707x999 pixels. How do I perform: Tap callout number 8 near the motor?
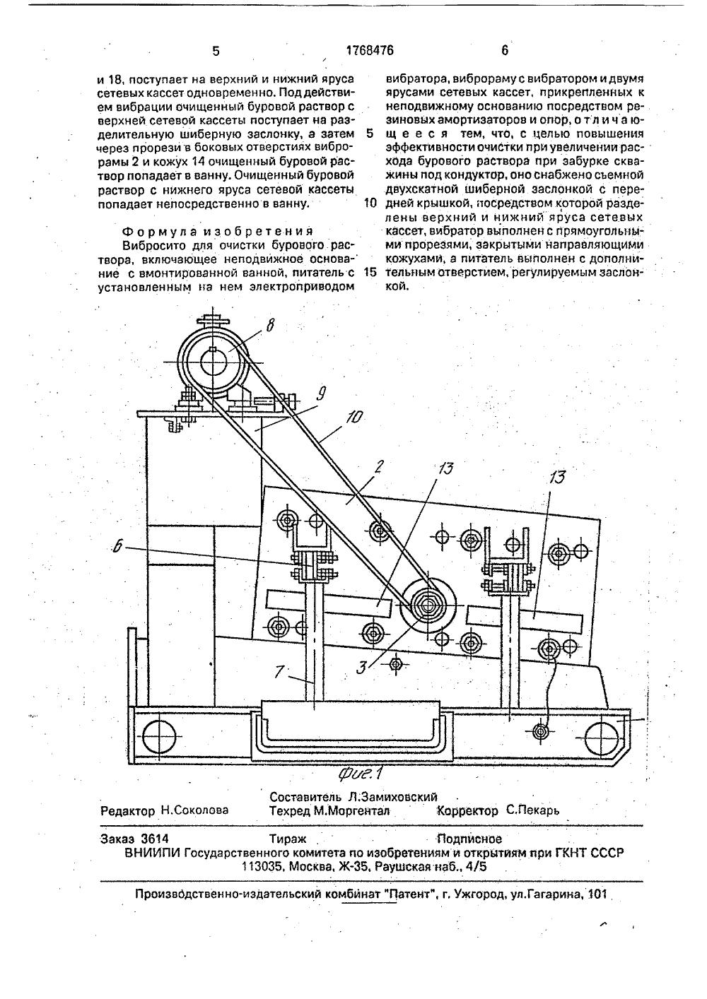pyautogui.click(x=271, y=325)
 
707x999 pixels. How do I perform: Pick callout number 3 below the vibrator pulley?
pyautogui.click(x=361, y=665)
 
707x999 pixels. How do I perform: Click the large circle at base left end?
pyautogui.click(x=159, y=738)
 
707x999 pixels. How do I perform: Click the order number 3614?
pyautogui.click(x=155, y=839)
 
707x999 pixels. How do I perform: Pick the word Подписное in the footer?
pyautogui.click(x=470, y=839)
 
